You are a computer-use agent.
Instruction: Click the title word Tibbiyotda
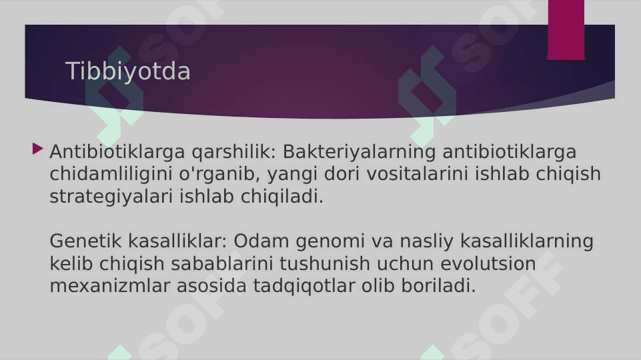click(127, 71)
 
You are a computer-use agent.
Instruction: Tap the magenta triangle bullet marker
click(37, 149)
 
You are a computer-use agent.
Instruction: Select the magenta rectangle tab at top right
click(566, 30)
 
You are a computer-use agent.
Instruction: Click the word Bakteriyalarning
click(360, 152)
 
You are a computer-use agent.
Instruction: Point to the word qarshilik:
click(234, 152)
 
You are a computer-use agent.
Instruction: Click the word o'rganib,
click(220, 174)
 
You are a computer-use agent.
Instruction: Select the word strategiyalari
click(111, 197)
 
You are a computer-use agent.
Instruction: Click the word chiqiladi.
click(282, 197)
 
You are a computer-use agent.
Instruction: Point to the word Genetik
click(85, 241)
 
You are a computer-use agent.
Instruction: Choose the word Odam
click(261, 241)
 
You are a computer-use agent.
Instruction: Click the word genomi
click(330, 241)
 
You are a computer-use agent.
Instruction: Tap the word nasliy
click(426, 241)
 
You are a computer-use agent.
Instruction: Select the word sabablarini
click(222, 263)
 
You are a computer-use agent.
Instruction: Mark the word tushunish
click(325, 263)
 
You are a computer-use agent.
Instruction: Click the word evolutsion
click(488, 263)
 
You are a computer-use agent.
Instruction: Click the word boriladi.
click(438, 285)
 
